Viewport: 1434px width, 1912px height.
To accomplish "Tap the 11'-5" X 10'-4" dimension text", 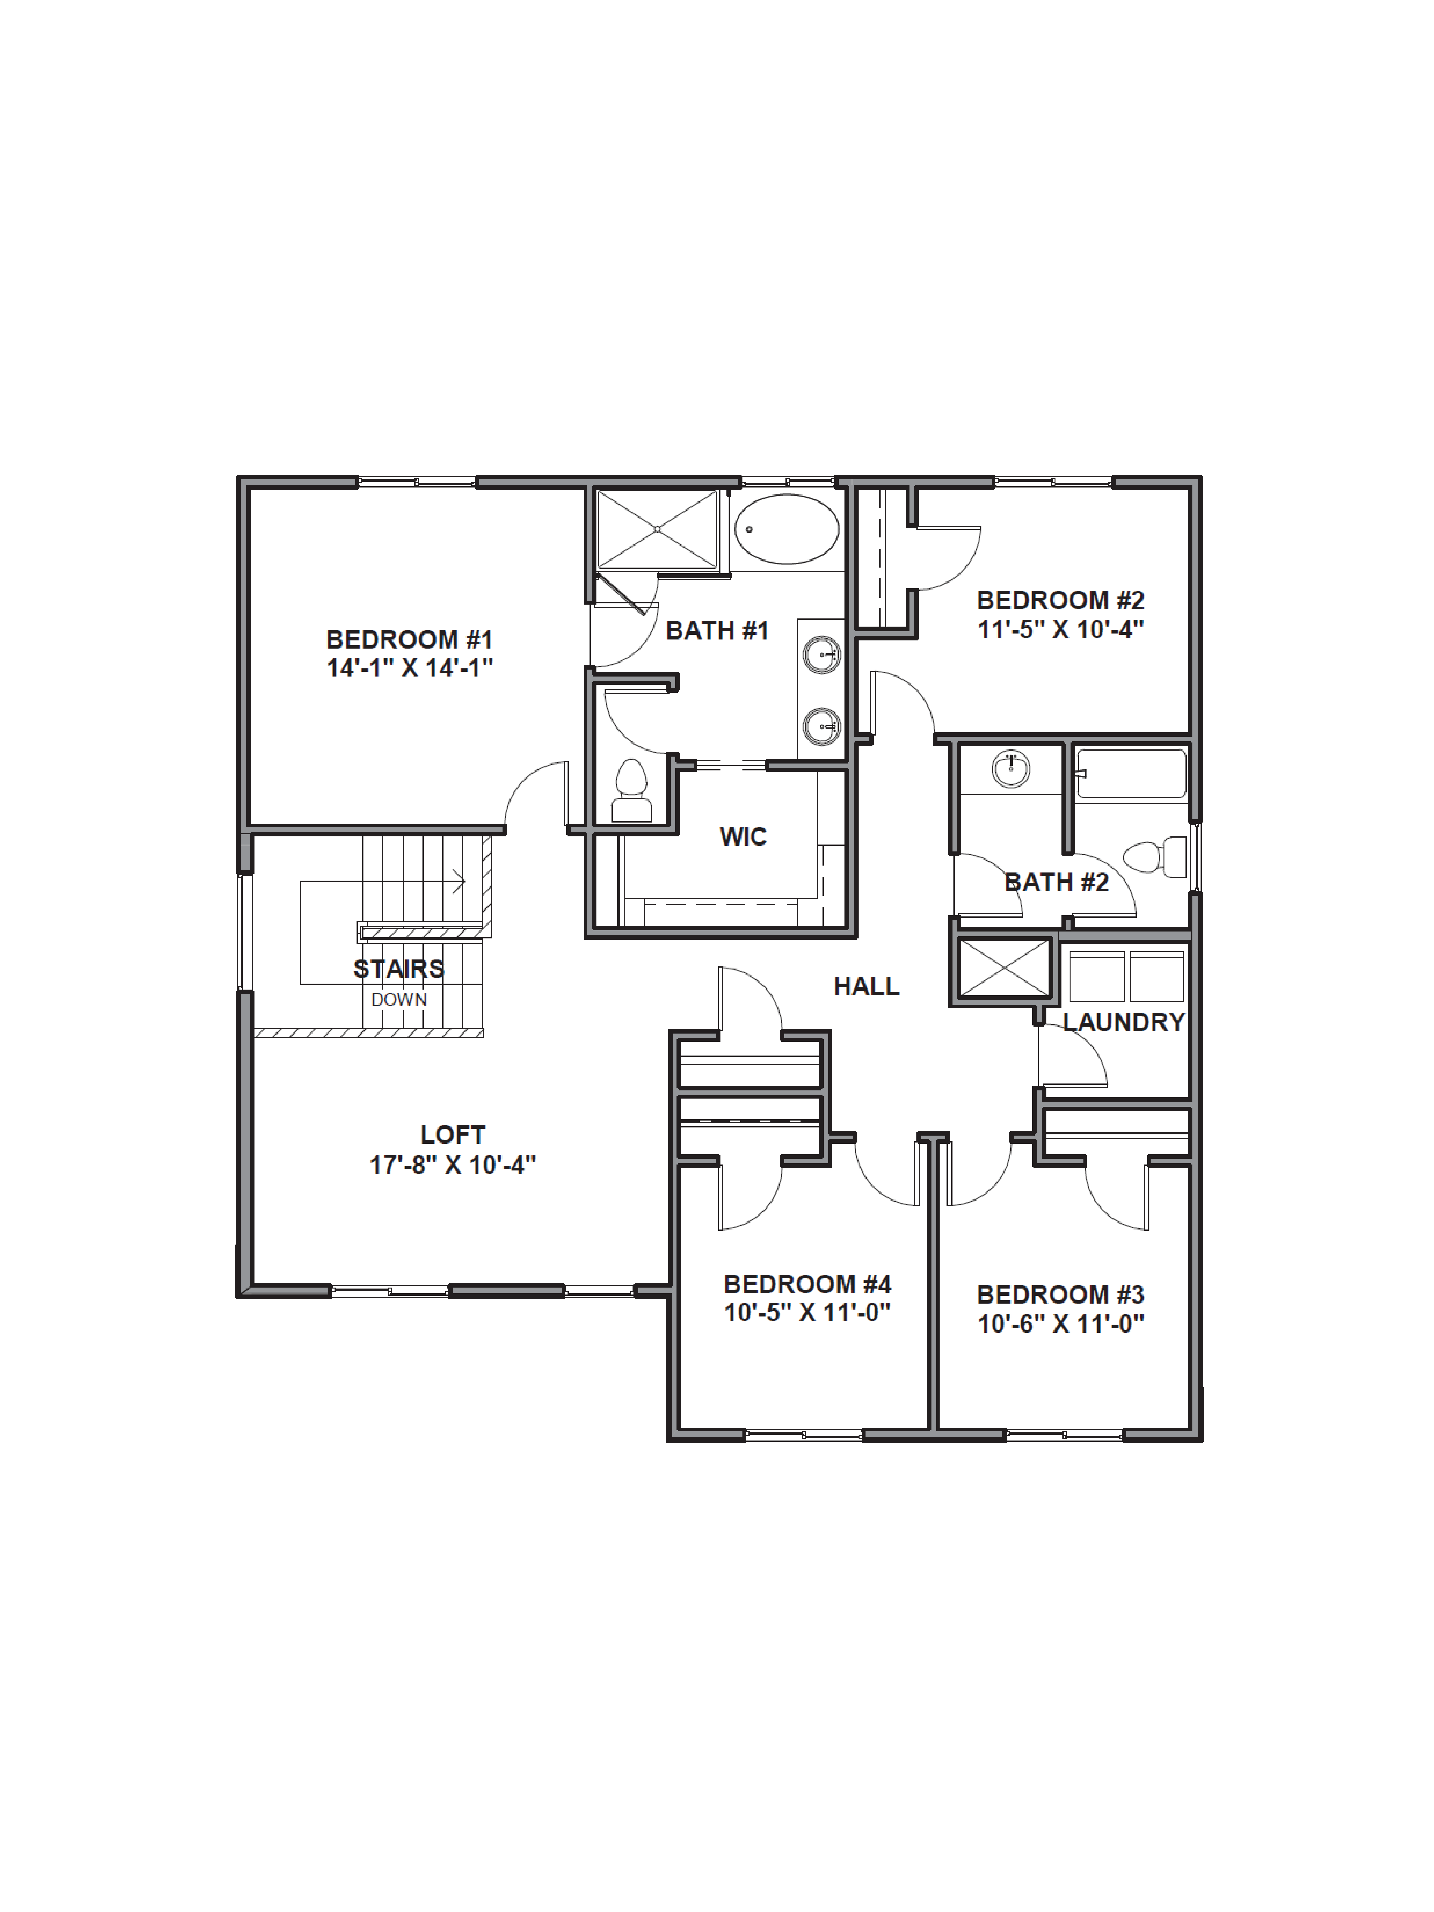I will [1061, 629].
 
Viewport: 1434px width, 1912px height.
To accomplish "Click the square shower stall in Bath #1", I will [657, 529].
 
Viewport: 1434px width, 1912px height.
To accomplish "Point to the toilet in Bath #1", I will [631, 791].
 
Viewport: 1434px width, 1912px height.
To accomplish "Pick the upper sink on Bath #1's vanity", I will [821, 654].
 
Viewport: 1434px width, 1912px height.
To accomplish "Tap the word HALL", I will [866, 986].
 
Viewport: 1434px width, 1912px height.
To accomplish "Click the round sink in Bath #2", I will [1011, 769].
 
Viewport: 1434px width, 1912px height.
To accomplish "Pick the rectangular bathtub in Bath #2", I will [1131, 774].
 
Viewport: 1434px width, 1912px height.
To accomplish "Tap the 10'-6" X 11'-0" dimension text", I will [1061, 1323].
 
